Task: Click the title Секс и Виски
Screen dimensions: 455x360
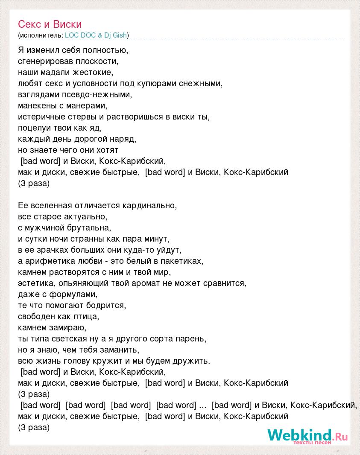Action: tap(50, 24)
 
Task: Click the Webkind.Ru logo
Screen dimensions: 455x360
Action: tap(307, 436)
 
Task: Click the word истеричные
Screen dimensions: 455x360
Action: tap(41, 117)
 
